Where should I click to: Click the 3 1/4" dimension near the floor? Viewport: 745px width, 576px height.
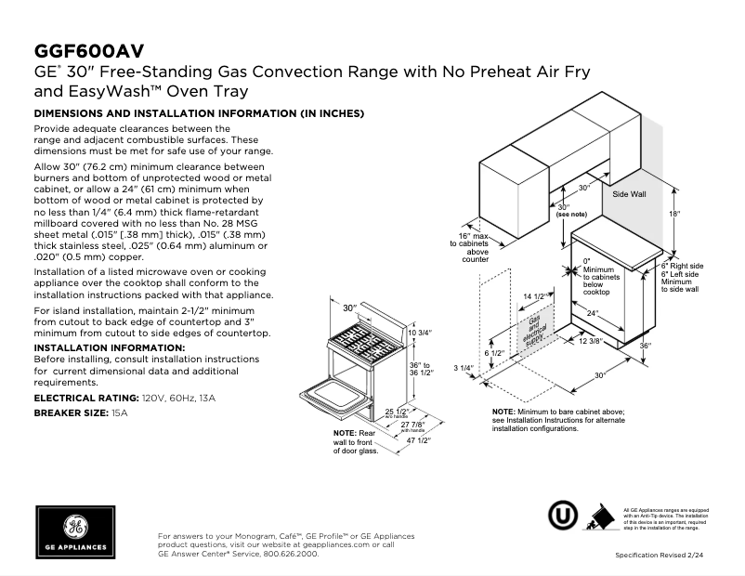click(x=464, y=369)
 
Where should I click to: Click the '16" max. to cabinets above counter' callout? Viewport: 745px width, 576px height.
click(x=477, y=248)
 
